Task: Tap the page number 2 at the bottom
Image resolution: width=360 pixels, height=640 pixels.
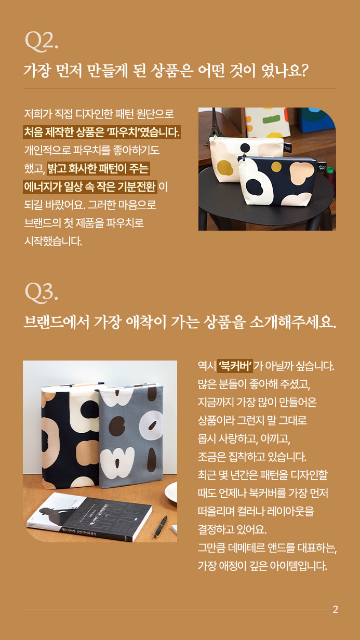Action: click(x=335, y=609)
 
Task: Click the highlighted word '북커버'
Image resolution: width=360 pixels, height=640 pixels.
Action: click(x=235, y=366)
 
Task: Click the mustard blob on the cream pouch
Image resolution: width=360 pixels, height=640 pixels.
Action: click(x=224, y=167)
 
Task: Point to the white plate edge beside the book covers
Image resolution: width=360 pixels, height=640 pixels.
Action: click(x=170, y=491)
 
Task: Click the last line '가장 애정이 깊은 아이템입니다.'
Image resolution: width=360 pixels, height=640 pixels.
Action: click(x=262, y=565)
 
